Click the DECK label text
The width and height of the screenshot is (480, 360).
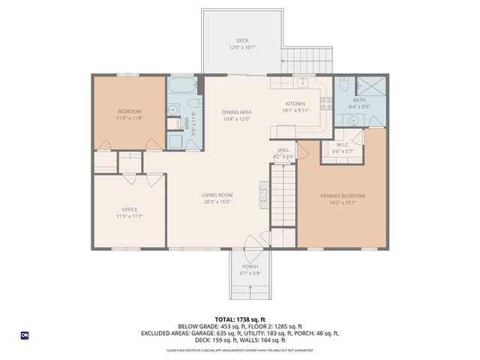click(x=242, y=40)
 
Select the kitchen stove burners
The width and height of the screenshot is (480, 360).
click(x=325, y=102)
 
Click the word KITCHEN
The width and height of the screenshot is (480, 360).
click(x=295, y=104)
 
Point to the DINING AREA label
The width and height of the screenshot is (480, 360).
click(x=235, y=112)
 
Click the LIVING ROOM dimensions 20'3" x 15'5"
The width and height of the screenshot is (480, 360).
click(x=217, y=202)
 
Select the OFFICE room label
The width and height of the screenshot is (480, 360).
click(x=130, y=209)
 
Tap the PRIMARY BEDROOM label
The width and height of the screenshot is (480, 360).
click(x=342, y=196)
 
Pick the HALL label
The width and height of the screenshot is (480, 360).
click(x=283, y=150)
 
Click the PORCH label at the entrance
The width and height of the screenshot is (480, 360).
click(x=250, y=267)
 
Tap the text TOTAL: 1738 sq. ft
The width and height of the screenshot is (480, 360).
click(x=240, y=319)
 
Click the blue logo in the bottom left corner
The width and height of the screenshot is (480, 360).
click(x=25, y=334)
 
